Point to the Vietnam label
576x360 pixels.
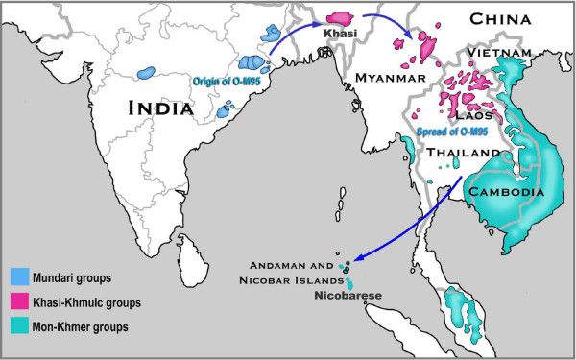[x=498, y=52]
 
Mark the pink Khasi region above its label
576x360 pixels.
[x=341, y=18]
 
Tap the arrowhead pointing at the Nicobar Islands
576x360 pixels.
[x=347, y=260]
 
